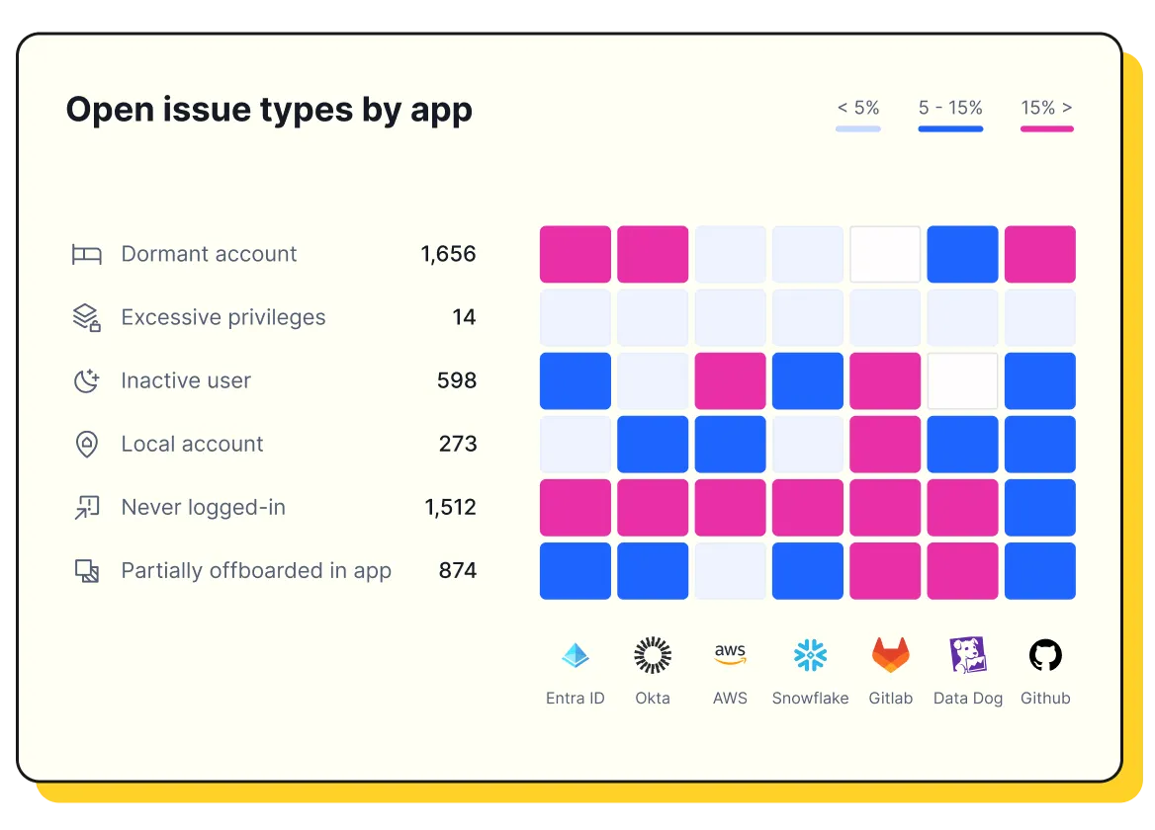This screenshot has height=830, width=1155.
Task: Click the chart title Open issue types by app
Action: coord(269,110)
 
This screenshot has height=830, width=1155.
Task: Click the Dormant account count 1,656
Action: coord(448,254)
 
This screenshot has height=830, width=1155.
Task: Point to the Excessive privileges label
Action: coord(222,317)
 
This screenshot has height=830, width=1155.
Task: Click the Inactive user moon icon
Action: coord(87,380)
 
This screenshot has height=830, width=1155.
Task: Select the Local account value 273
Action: coord(458,444)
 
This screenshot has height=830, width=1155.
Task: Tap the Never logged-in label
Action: coord(203,507)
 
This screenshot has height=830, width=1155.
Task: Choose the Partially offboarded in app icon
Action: coord(87,570)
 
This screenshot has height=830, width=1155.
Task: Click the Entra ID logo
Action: coord(575,655)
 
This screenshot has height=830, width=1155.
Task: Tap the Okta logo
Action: coord(652,655)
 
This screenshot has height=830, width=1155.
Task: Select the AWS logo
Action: coord(730,654)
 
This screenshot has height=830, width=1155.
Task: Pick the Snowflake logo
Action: coord(810,655)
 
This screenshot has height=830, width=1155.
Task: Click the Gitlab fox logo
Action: coord(890,655)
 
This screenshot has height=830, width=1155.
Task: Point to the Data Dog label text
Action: coord(967,699)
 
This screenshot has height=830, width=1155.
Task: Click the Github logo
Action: coord(1045,655)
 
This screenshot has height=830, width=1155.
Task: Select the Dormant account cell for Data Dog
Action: coord(962,254)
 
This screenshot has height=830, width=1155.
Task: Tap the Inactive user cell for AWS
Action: coord(730,380)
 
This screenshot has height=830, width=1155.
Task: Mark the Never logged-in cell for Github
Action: coord(1039,507)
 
